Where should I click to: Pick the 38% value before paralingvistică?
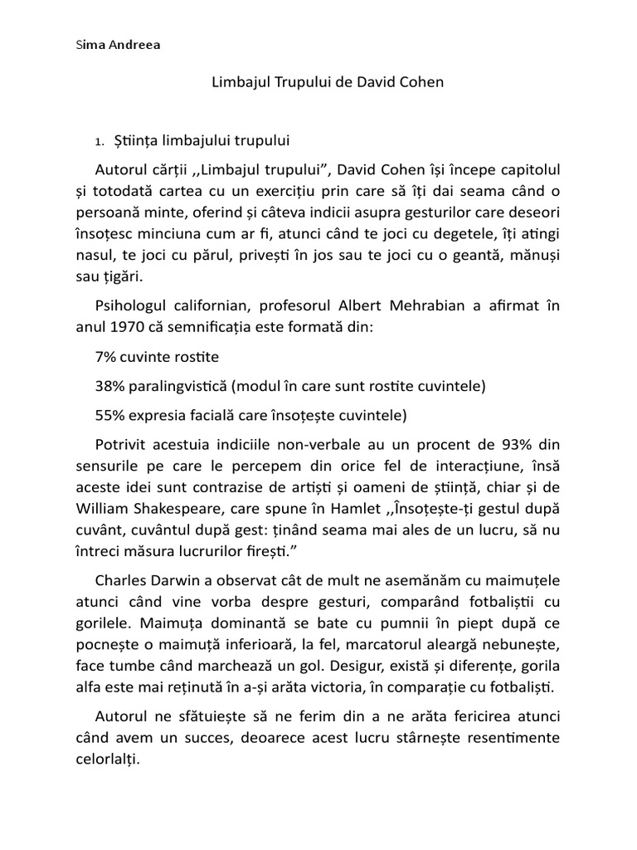click(113, 386)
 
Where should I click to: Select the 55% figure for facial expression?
click(113, 414)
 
